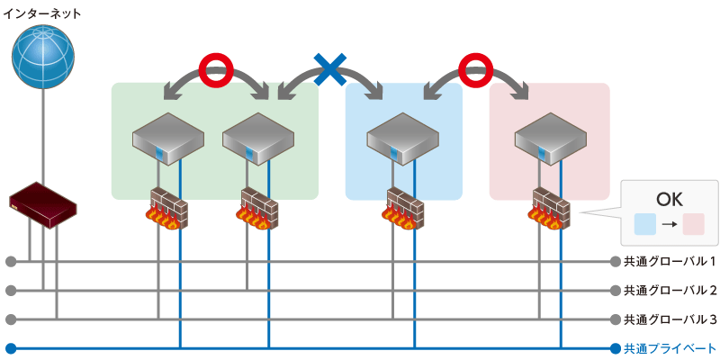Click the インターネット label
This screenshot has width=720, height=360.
(x=43, y=14)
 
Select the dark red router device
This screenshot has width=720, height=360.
(x=42, y=204)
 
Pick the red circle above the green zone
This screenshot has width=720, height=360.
(x=215, y=68)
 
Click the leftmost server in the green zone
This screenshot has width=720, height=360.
(x=167, y=138)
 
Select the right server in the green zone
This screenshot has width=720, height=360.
(x=257, y=138)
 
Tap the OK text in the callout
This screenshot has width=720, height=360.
(x=670, y=197)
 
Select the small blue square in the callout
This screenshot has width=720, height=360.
(x=645, y=224)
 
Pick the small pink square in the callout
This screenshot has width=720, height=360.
(x=694, y=224)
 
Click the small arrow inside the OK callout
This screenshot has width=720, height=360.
(x=670, y=224)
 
